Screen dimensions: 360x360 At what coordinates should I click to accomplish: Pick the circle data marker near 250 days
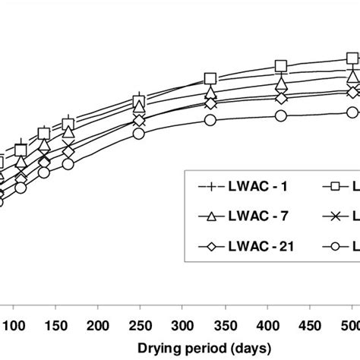[138, 133]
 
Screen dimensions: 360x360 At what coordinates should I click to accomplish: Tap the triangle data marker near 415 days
[282, 84]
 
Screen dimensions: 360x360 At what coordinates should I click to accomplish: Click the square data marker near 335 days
[211, 79]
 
